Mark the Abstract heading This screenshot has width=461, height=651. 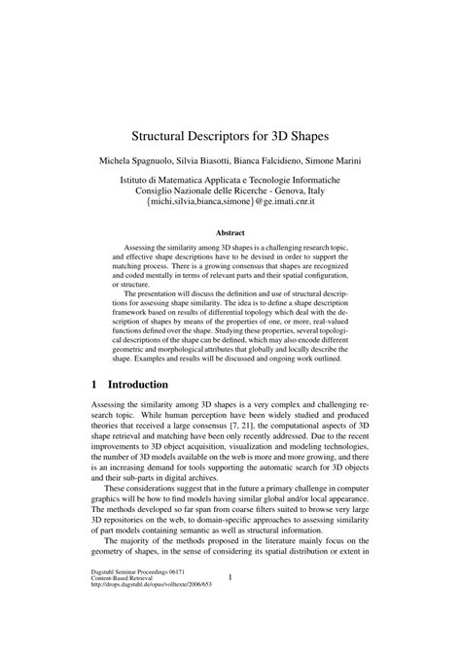(230, 234)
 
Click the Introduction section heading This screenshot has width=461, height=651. (138, 384)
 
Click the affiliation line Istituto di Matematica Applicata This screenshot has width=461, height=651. (230, 181)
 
